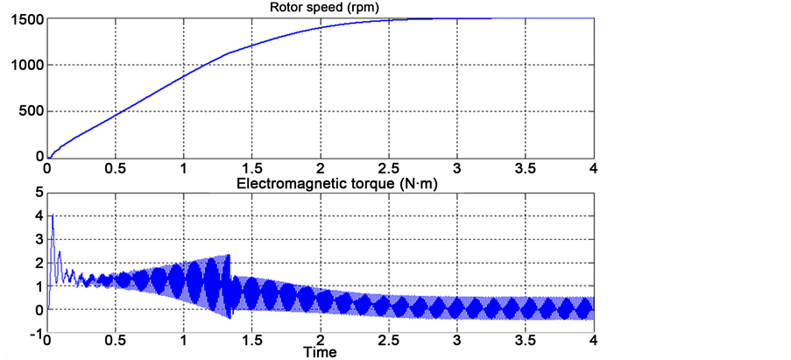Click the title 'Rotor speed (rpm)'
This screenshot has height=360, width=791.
(x=320, y=9)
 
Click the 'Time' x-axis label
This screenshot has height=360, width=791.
(x=321, y=352)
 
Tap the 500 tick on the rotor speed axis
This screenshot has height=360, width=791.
(x=31, y=111)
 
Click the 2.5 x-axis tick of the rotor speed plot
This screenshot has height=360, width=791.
(x=388, y=168)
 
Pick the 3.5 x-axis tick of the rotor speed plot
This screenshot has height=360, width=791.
(x=525, y=168)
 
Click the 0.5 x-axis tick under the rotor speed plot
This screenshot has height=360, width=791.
(x=115, y=168)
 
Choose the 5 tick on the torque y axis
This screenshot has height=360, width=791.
(x=38, y=192)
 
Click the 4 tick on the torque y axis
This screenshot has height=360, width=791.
(x=38, y=215)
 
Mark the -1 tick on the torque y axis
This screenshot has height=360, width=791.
(x=35, y=334)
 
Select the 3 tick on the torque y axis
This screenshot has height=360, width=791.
(x=38, y=239)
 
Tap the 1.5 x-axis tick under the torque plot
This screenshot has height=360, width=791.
(x=251, y=342)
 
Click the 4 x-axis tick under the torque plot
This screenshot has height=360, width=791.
(x=593, y=342)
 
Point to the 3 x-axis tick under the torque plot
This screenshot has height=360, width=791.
(x=456, y=342)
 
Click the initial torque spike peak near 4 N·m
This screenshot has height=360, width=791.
(x=53, y=215)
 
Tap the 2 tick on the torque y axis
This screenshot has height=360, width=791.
(x=38, y=263)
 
